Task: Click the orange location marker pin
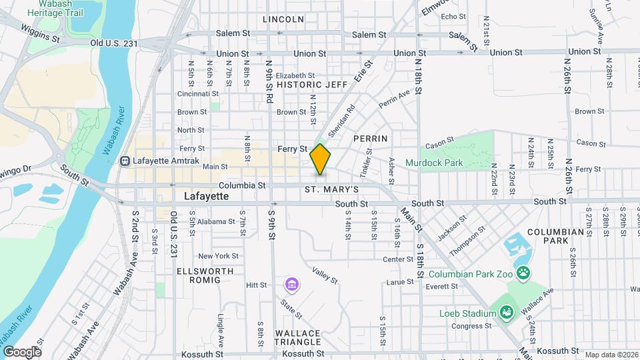(x=321, y=159)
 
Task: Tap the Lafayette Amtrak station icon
(x=125, y=161)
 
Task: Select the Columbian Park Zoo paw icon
(x=524, y=272)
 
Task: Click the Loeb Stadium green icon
(x=506, y=312)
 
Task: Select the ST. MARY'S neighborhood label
(x=332, y=190)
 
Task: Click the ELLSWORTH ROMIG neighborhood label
(x=205, y=276)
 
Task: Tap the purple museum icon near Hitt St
(x=291, y=285)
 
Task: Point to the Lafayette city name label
(x=206, y=197)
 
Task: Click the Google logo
(x=22, y=351)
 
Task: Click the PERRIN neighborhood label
(x=370, y=138)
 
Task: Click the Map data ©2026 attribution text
(x=609, y=355)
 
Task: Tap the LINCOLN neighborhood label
(x=283, y=19)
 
